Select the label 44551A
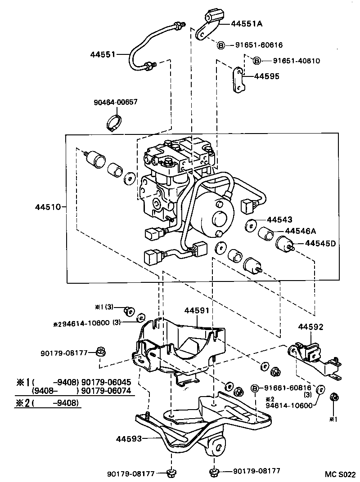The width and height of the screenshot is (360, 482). (x=248, y=24)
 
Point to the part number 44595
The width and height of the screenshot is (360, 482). (x=266, y=76)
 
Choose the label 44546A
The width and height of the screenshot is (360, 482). (x=300, y=231)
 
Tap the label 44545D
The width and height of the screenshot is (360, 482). (x=320, y=243)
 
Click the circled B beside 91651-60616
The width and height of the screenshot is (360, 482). (x=221, y=45)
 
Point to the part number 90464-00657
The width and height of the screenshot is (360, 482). (x=115, y=103)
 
